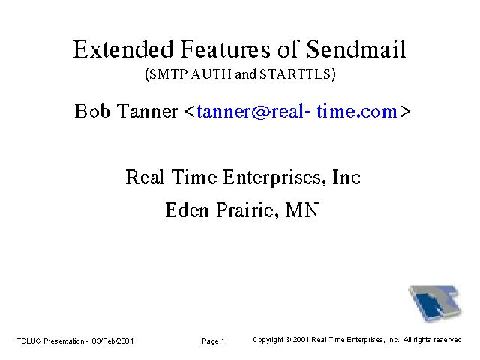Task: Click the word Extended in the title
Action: (123, 49)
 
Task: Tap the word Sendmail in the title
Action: (356, 49)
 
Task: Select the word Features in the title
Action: (226, 49)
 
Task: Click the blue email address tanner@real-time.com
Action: (297, 111)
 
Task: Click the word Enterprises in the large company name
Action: (274, 177)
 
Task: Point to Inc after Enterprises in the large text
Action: (346, 177)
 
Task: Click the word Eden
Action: (187, 210)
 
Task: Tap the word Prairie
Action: (247, 210)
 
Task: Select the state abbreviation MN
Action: (302, 210)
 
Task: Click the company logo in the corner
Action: (435, 303)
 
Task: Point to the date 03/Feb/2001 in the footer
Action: (112, 341)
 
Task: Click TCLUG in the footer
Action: (28, 341)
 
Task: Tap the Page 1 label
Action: (213, 341)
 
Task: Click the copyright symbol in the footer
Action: (288, 340)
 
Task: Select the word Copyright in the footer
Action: (268, 340)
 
